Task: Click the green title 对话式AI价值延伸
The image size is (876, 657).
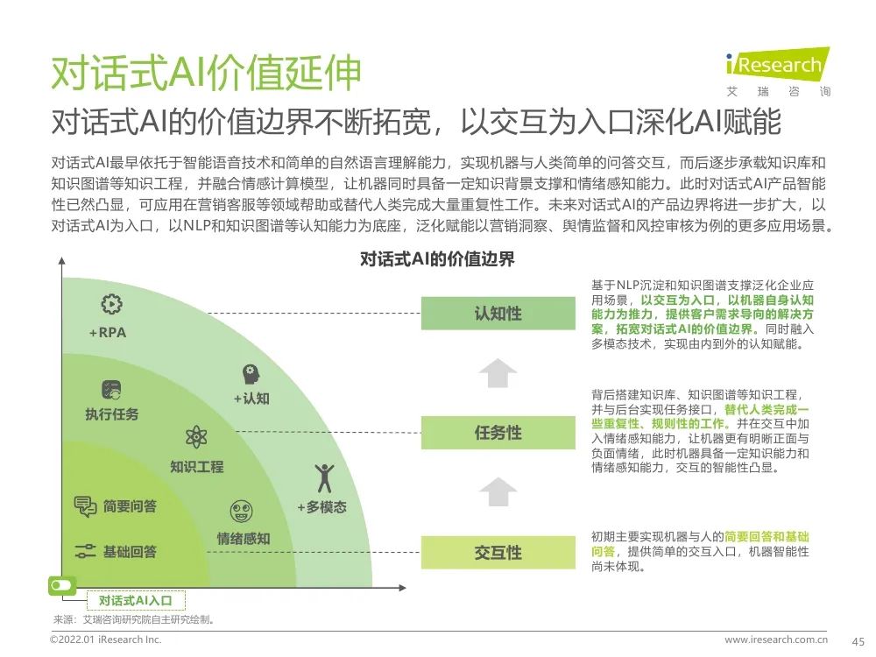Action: tap(205, 74)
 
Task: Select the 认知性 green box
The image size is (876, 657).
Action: tap(498, 314)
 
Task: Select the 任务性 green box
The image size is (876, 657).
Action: tap(498, 433)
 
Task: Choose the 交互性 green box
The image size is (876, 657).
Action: tap(498, 553)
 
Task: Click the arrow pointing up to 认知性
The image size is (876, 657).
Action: tap(498, 372)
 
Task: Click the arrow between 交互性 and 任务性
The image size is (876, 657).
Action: tap(498, 491)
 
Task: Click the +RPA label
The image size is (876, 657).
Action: tap(108, 333)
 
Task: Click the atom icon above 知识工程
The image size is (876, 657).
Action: tap(196, 438)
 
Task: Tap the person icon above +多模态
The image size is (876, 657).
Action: tap(323, 477)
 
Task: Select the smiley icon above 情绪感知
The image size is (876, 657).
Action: tap(241, 512)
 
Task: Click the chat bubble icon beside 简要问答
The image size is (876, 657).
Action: tap(85, 506)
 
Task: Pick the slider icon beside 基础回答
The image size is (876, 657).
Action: tap(85, 552)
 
